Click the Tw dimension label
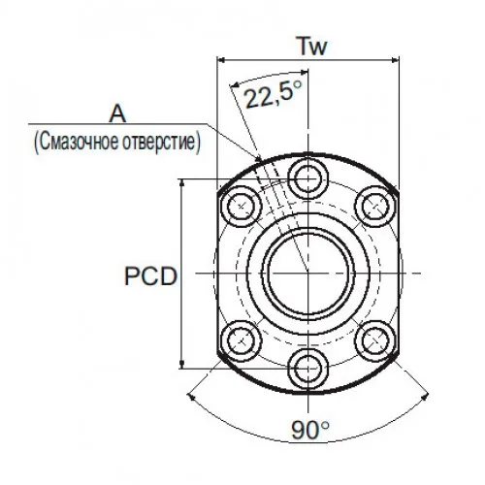312,47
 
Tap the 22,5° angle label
274,94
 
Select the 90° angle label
310,430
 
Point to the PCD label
151,276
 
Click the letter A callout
117,113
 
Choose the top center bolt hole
308,178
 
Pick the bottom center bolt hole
308,369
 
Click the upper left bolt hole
242,206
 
